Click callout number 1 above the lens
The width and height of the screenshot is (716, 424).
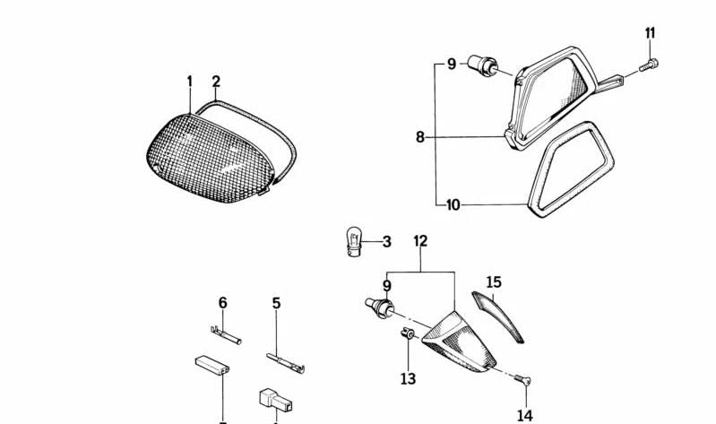(189, 82)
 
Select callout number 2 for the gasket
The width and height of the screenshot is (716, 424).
(216, 82)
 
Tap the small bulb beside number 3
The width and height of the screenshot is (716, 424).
(354, 241)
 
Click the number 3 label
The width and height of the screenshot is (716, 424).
(387, 242)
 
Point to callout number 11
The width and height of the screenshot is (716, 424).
(651, 33)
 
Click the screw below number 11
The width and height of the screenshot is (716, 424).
(649, 65)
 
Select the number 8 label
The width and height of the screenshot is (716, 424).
(420, 136)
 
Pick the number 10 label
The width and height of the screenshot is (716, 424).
(453, 205)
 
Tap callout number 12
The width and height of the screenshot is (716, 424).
(420, 241)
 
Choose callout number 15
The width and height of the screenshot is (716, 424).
(494, 282)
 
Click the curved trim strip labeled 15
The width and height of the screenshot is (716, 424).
(498, 316)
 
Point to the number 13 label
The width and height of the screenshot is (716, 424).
(409, 379)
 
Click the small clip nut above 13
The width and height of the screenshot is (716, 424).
(407, 333)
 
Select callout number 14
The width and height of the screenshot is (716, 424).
(525, 416)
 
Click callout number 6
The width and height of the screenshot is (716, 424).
(222, 303)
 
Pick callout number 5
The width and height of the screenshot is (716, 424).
(276, 303)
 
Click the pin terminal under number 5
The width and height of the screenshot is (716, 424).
(285, 363)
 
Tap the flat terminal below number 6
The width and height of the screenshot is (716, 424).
(226, 335)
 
